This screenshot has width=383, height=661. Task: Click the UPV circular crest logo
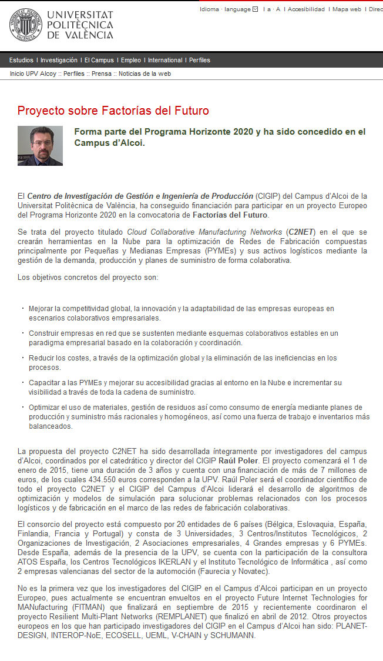click(25, 25)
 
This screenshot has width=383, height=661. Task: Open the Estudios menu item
click(21, 60)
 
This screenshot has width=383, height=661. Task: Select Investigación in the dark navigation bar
click(59, 60)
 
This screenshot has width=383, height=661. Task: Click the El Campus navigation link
click(99, 60)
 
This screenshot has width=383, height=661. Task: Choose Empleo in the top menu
click(131, 60)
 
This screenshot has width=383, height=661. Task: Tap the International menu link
click(165, 60)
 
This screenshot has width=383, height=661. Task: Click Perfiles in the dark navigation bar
click(200, 60)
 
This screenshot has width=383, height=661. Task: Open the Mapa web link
click(347, 9)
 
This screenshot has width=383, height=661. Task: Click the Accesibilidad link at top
click(306, 9)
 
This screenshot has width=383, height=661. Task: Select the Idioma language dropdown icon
click(255, 9)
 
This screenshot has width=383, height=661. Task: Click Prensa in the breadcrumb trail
click(101, 74)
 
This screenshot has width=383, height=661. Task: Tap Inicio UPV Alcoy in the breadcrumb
click(33, 74)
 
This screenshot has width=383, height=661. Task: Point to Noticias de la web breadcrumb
click(145, 74)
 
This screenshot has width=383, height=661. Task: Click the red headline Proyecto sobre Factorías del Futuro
click(113, 111)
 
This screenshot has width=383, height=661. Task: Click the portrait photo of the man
click(40, 145)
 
